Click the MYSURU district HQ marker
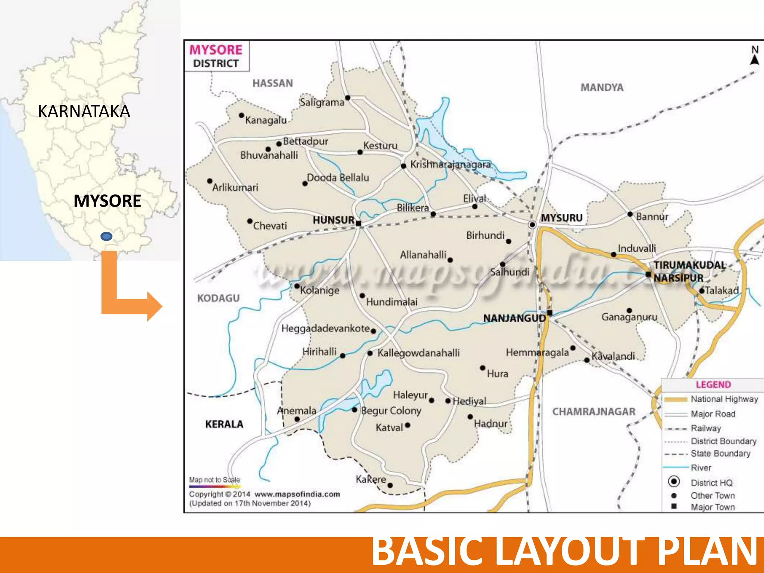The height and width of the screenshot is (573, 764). pos(532,225)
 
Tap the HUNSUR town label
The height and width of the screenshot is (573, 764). pos(333,220)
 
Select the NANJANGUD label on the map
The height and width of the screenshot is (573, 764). pos(514,318)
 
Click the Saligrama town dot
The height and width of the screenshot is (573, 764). pos(348,98)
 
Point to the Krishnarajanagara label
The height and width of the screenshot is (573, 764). pos(450,165)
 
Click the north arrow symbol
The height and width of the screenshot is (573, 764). pos(755,59)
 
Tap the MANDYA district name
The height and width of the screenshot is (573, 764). pos(602,87)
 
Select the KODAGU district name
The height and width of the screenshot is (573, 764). pos(218,298)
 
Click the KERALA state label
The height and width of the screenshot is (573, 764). pos(224,424)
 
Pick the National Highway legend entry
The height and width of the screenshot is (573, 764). pos(724,399)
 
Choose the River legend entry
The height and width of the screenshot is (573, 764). pos(701,467)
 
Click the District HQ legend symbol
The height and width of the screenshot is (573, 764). pos(674,482)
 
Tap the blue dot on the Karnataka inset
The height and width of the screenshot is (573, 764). pos(106,236)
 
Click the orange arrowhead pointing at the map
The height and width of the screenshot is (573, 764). pos(154,306)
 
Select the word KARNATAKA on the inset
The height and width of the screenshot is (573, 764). pos(84,111)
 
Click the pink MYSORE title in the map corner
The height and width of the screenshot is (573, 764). pos(216,50)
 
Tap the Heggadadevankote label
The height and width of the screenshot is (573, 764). pos(325,329)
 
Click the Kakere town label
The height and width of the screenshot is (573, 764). pos(370,479)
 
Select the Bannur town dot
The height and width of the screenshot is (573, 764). pos(630,214)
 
